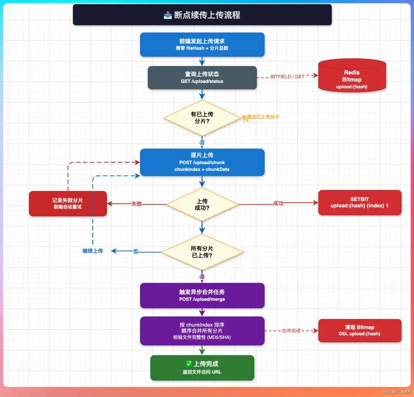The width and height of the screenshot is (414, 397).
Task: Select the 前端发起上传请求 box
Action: pyautogui.click(x=202, y=44)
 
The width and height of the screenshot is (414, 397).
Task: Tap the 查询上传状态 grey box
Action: pyautogui.click(x=202, y=77)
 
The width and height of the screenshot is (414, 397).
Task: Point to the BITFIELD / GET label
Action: pyautogui.click(x=287, y=77)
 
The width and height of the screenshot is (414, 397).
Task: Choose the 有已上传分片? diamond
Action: pyautogui.click(x=202, y=118)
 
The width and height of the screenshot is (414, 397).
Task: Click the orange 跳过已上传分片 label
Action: pyautogui.click(x=263, y=117)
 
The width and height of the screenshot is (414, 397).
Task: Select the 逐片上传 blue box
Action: pyautogui.click(x=202, y=162)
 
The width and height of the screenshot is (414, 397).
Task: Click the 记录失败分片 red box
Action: pyautogui.click(x=68, y=203)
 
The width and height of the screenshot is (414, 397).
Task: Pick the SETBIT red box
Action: pyautogui.click(x=360, y=203)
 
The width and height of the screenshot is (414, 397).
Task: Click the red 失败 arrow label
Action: pyautogui.click(x=136, y=204)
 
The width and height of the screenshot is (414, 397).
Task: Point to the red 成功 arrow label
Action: pyautogui.click(x=278, y=203)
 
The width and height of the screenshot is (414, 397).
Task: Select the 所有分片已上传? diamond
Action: pyautogui.click(x=202, y=252)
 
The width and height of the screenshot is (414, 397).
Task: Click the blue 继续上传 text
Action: pyautogui.click(x=93, y=251)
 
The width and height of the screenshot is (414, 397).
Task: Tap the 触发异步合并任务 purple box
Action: pyautogui.click(x=202, y=295)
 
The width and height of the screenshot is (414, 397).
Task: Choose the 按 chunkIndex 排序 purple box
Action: pyautogui.click(x=202, y=330)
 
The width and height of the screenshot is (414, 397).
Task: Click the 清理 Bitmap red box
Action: pyautogui.click(x=360, y=330)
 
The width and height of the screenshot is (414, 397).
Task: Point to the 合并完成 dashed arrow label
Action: pyautogui.click(x=291, y=330)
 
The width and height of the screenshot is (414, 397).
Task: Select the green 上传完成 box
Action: pyautogui.click(x=202, y=368)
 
